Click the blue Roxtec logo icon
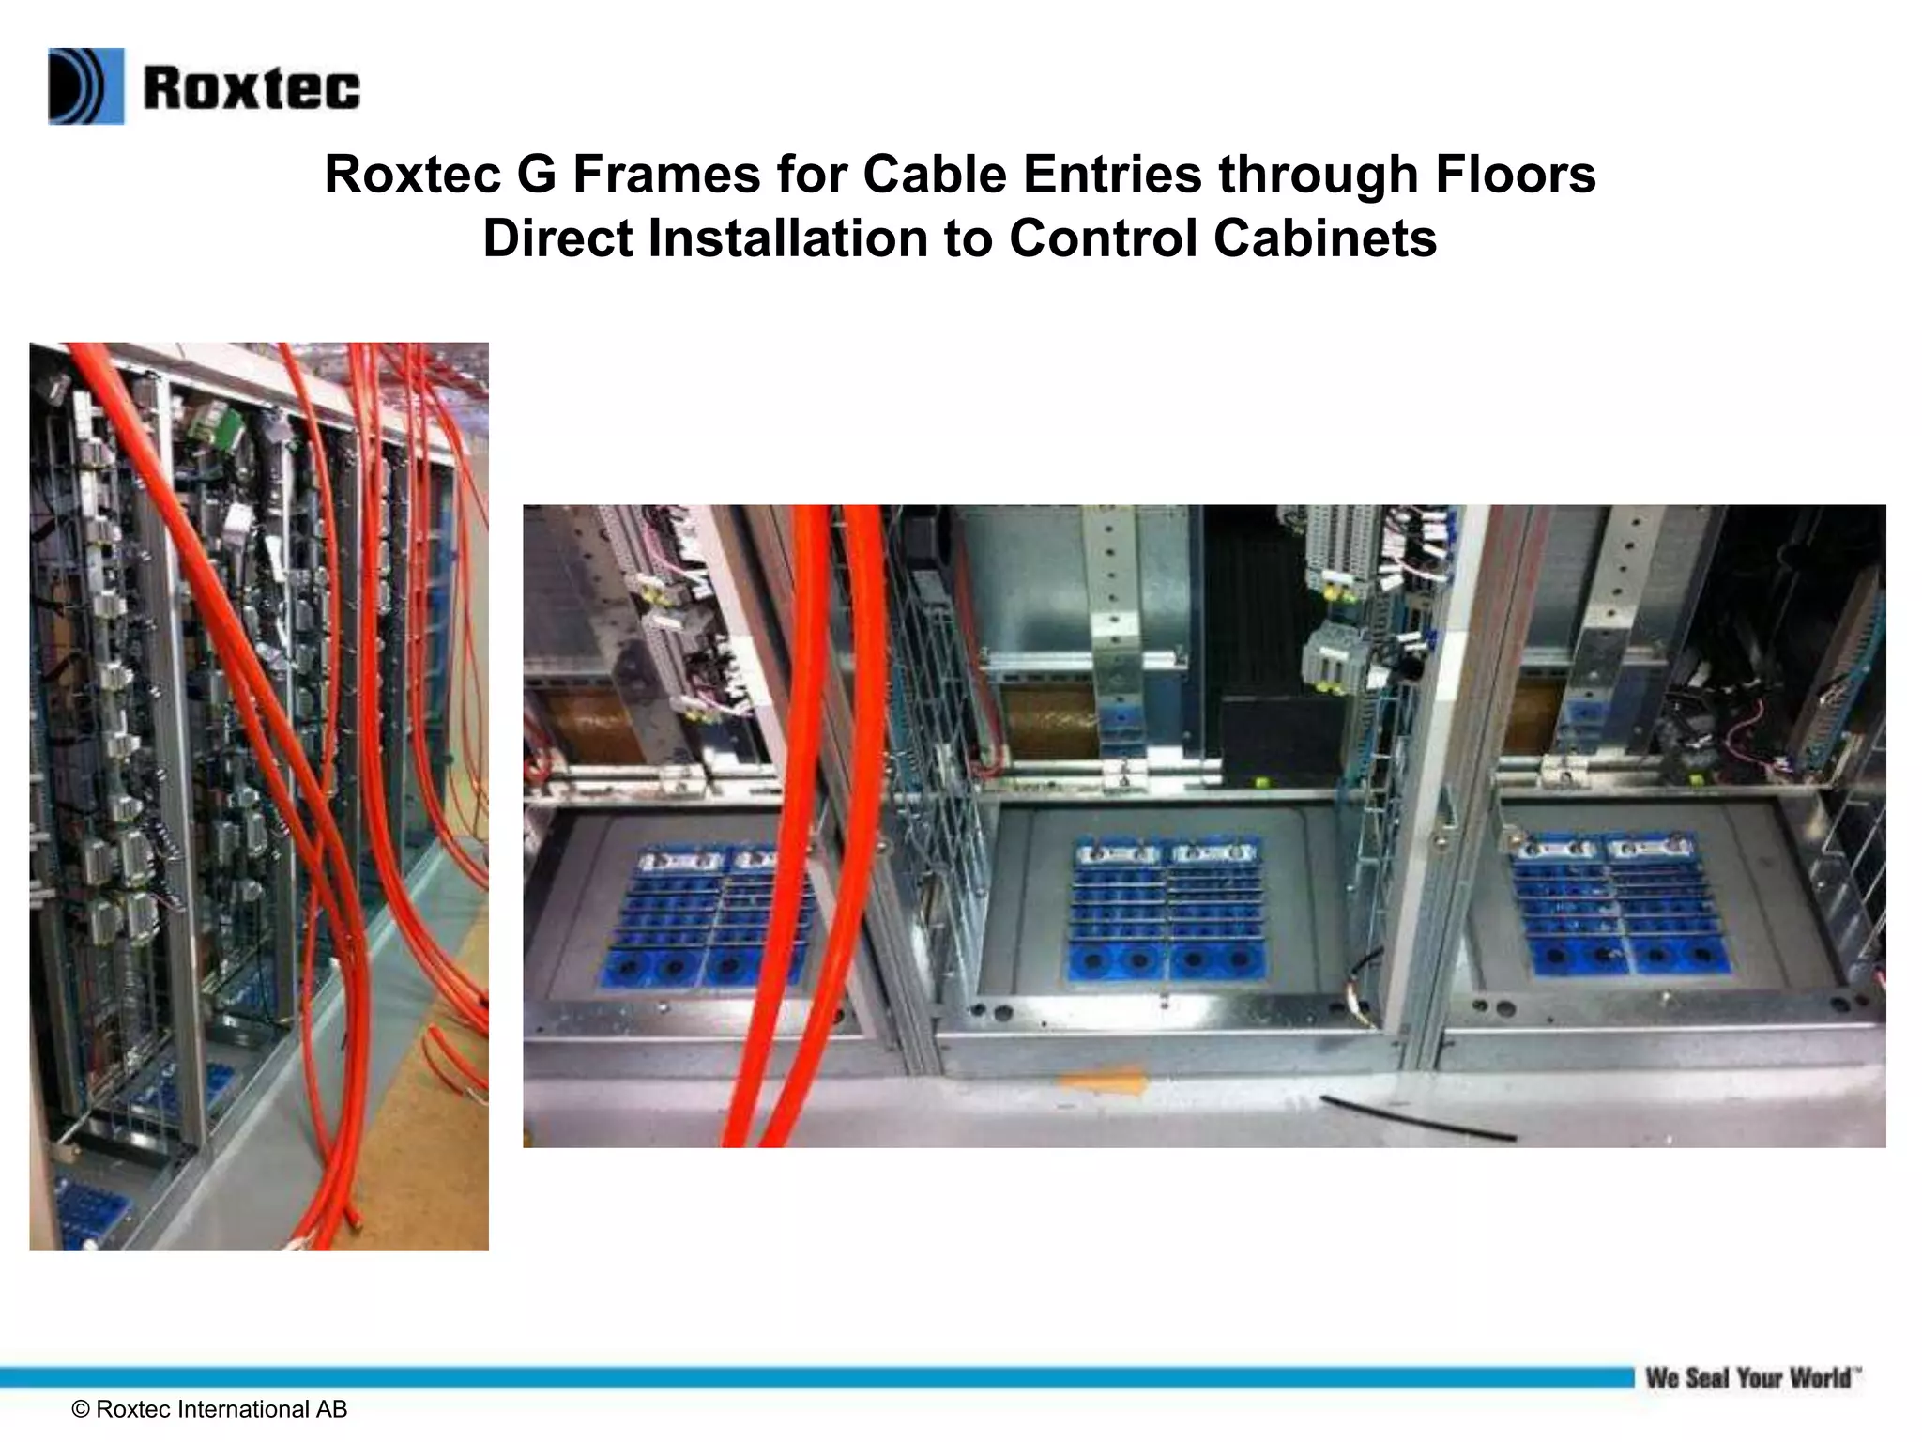point(85,86)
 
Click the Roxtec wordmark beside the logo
point(252,88)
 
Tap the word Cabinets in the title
point(1325,238)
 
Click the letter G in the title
point(536,175)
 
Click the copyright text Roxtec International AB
point(209,1409)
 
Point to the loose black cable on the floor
point(1417,1117)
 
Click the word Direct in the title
point(558,238)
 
